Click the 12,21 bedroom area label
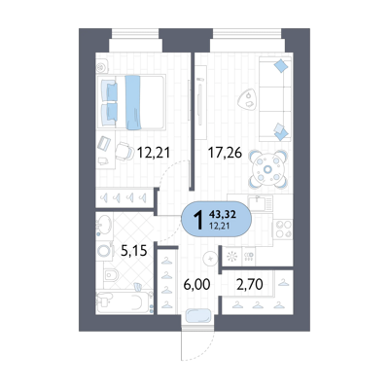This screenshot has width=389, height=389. pyautogui.click(x=154, y=152)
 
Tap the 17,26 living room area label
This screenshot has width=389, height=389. pyautogui.click(x=225, y=153)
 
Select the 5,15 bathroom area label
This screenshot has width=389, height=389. pyautogui.click(x=134, y=250)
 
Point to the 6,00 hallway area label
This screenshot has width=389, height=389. pyautogui.click(x=196, y=285)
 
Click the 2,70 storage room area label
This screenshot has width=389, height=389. pyautogui.click(x=250, y=285)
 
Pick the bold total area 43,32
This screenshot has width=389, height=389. pyautogui.click(x=223, y=214)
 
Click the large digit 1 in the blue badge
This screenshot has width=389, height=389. pyautogui.click(x=198, y=220)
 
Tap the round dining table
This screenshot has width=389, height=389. pyautogui.click(x=267, y=168)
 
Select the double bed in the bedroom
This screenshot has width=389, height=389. pyautogui.click(x=133, y=102)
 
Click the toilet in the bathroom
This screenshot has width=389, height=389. pyautogui.click(x=111, y=275)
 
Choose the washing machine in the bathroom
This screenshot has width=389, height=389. pyautogui.click(x=105, y=251)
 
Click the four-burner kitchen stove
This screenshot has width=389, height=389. pyautogui.click(x=283, y=229)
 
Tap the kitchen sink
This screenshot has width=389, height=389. pyautogui.click(x=261, y=203)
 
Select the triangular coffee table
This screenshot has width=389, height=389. pyautogui.click(x=247, y=99)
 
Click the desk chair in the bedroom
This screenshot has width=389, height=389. pyautogui.click(x=124, y=152)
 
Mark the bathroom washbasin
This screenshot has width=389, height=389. pyautogui.click(x=104, y=224)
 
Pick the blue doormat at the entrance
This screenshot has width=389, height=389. pyautogui.click(x=198, y=316)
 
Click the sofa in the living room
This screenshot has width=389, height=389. pyautogui.click(x=275, y=99)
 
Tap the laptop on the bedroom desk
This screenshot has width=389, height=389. pyautogui.click(x=104, y=143)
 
